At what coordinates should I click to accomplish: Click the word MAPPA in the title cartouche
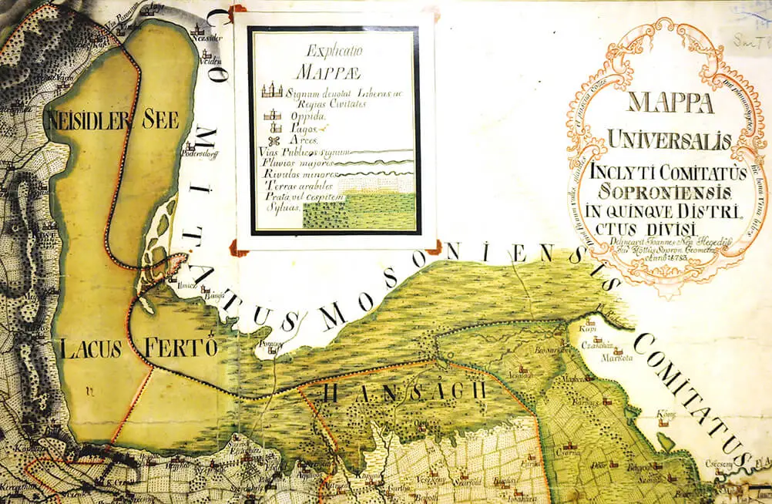click(x=660, y=103)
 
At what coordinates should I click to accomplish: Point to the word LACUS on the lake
click(x=88, y=348)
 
